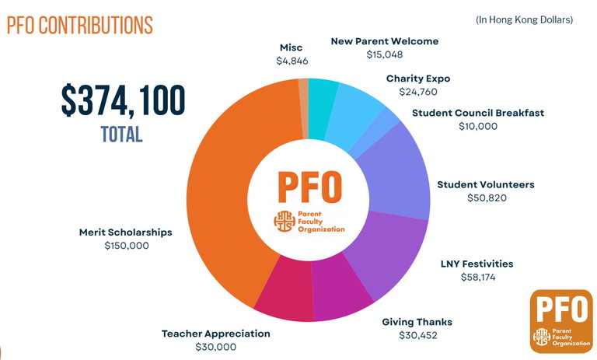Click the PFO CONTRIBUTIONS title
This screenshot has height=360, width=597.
(x=80, y=25)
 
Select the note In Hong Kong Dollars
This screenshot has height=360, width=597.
(x=524, y=19)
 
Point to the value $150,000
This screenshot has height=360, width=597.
(x=126, y=246)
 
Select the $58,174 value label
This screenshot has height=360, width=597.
(x=477, y=277)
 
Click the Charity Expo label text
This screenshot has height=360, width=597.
(x=418, y=79)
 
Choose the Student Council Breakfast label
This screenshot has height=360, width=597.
(x=478, y=113)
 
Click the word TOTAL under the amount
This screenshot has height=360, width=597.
(x=122, y=134)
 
